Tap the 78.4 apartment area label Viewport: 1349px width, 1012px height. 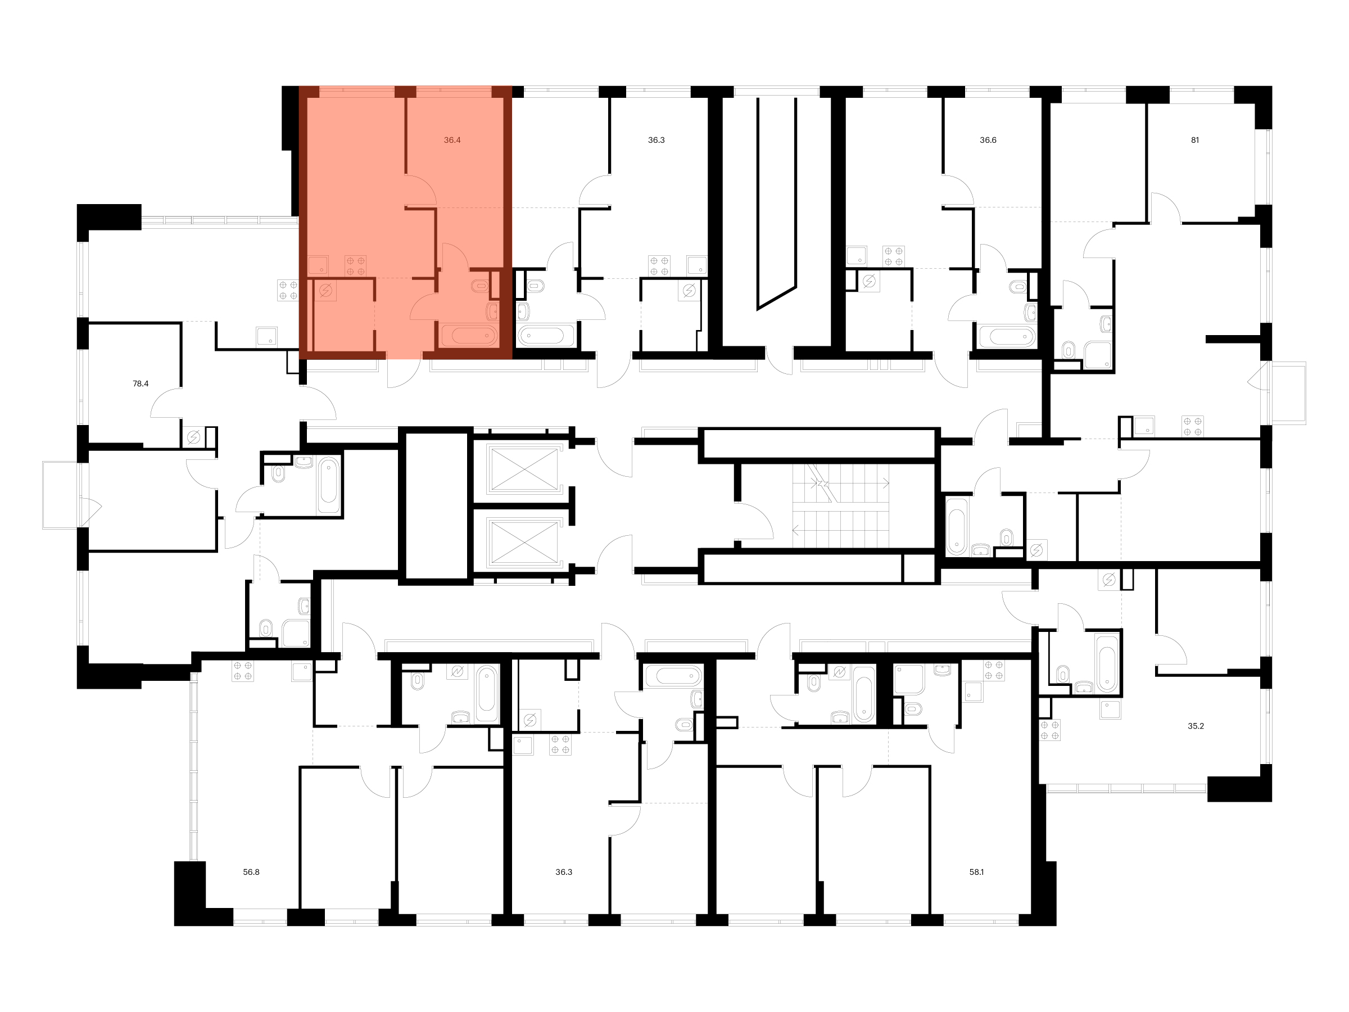tap(141, 383)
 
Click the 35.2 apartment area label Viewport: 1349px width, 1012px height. tap(1196, 726)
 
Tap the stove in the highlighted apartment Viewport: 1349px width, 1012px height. tap(356, 265)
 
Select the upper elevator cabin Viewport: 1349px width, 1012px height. tap(524, 468)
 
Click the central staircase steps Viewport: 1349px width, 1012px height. tap(841, 505)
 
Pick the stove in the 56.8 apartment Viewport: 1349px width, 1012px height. tap(243, 671)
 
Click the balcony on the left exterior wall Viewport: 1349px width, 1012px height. tap(64, 495)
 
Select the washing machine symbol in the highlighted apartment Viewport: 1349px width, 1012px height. tap(325, 290)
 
